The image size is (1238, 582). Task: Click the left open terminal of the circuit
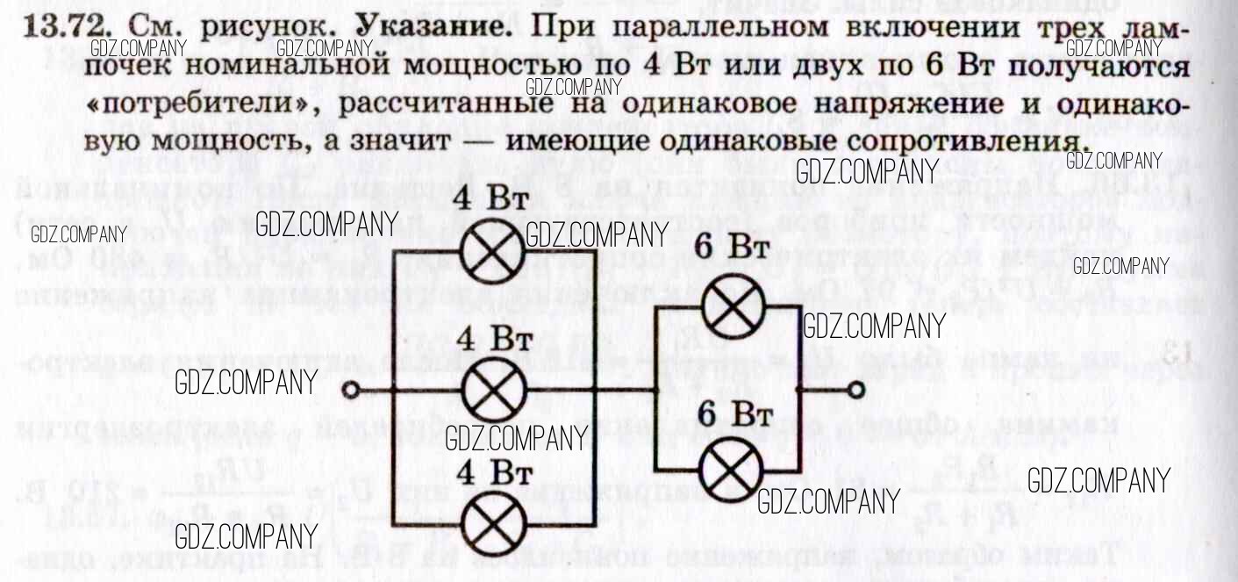[x=350, y=391]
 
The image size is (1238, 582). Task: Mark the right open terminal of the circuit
[x=856, y=390]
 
